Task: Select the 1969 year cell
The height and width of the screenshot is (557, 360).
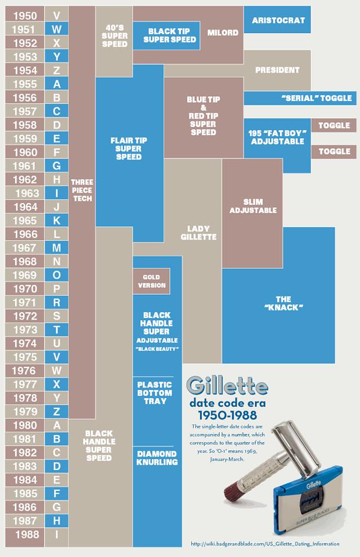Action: pos(24,274)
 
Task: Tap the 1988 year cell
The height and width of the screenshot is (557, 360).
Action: pos(24,534)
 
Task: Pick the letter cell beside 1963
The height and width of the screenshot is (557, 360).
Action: pos(56,193)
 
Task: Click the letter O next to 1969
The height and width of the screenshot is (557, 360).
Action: pos(56,274)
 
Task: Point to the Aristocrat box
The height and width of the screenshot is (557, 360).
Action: pos(278,21)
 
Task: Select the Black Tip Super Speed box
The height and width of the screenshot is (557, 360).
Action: pos(166,35)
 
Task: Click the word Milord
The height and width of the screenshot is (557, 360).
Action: pos(223,32)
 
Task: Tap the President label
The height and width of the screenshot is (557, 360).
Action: pos(277,70)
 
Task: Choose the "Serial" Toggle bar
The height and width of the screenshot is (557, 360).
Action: pos(316,98)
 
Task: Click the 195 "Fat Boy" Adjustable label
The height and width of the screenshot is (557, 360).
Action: pos(277,137)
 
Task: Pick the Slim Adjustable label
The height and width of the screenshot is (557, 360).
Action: pos(253,205)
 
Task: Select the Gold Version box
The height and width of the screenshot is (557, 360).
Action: pos(151,281)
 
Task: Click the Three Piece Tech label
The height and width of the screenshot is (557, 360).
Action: pos(82,190)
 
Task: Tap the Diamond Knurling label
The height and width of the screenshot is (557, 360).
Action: pos(157,458)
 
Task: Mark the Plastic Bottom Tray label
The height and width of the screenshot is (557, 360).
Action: pos(154,393)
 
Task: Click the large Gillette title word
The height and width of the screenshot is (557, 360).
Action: pos(227,385)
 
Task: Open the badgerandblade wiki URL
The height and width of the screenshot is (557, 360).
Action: pos(265,544)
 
